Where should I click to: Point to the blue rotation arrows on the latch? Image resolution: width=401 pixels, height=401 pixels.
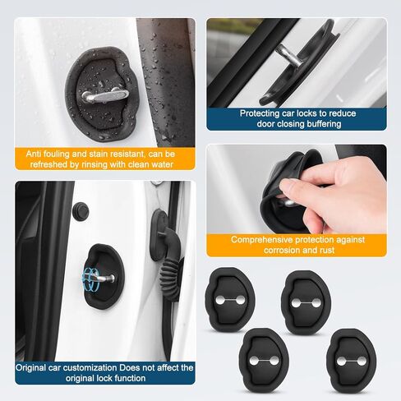pyautogui.click(x=94, y=277)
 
